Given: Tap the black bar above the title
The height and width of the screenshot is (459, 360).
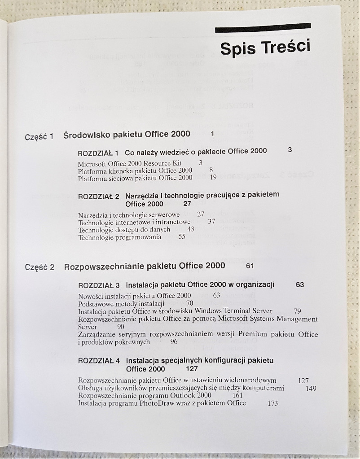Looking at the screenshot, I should [x=263, y=28].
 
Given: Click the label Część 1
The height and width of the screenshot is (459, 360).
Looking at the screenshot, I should [x=39, y=136].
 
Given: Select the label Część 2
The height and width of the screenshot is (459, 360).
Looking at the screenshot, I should [x=40, y=267].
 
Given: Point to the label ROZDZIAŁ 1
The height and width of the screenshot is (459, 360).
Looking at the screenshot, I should [x=98, y=152].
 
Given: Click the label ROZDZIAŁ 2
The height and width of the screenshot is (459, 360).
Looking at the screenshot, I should [x=98, y=196].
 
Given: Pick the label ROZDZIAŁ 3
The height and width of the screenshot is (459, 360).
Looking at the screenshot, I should [x=99, y=285].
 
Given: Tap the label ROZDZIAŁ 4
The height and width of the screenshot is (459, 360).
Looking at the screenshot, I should [x=99, y=361].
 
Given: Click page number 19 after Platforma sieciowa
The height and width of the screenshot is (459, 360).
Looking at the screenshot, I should [x=213, y=178].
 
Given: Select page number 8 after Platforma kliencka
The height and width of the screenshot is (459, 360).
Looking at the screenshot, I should [x=211, y=170].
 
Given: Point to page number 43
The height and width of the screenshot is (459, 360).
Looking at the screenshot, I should [x=191, y=229].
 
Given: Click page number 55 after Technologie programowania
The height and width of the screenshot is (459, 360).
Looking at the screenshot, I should [x=182, y=236].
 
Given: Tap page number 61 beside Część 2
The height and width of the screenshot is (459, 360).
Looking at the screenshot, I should [x=250, y=266].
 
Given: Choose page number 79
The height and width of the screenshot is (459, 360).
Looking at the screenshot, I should [x=297, y=311].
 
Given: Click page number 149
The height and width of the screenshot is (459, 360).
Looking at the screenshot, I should [x=311, y=389].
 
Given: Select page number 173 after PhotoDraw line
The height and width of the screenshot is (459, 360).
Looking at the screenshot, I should [x=272, y=403].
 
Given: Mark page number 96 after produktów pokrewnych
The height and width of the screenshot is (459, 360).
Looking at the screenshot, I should [x=174, y=341].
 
